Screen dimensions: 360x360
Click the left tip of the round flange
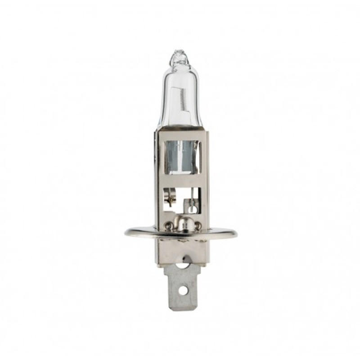click(x=126, y=233)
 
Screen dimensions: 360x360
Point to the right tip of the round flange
click(x=235, y=233)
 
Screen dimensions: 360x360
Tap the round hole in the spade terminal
click(x=182, y=290)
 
